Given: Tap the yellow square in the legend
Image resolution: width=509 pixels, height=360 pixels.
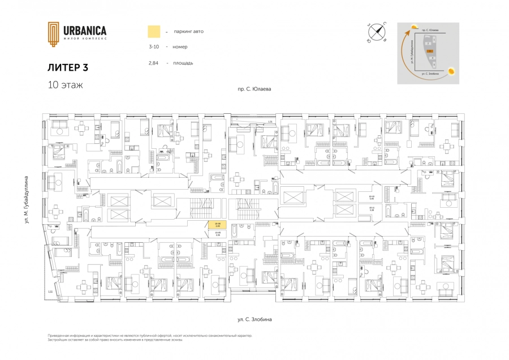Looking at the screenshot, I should [153, 31].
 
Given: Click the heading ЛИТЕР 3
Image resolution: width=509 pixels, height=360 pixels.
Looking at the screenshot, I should [68, 67].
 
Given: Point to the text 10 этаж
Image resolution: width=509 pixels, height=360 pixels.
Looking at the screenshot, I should [65, 85].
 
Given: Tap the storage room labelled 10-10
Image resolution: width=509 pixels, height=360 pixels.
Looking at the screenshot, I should [372, 198].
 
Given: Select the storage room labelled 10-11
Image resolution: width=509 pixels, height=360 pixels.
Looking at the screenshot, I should [372, 209].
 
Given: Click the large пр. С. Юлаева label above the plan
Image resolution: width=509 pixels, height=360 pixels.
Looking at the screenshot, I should [255, 89].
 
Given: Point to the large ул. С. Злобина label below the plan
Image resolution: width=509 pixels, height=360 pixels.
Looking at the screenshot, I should [255, 320].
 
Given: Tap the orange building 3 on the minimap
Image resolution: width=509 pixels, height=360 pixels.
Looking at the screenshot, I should [430, 51].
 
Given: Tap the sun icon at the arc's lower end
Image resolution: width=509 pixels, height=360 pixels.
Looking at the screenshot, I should [452, 71].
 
